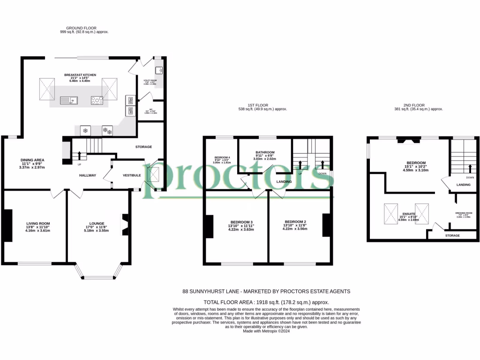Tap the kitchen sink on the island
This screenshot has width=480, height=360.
pyautogui.click(x=68, y=99)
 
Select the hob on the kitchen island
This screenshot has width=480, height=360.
pyautogui.click(x=97, y=99)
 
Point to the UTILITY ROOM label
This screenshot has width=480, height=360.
pyautogui.click(x=150, y=81)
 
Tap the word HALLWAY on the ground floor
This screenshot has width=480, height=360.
pyautogui.click(x=87, y=176)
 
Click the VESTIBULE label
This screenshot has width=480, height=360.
pyautogui.click(x=132, y=175)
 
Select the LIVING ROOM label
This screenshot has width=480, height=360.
pyautogui.click(x=38, y=224)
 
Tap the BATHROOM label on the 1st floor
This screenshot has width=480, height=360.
pyautogui.click(x=265, y=153)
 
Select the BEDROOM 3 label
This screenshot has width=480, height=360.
pyautogui.click(x=241, y=222)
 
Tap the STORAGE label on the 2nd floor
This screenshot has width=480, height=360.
pyautogui.click(x=452, y=235)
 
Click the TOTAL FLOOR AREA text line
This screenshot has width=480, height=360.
pyautogui.click(x=266, y=302)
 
